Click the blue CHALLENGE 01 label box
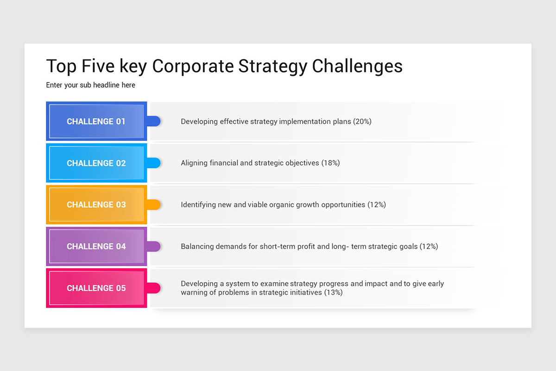coord(96,122)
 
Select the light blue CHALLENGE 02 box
coord(96,163)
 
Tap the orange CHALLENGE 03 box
coord(96,205)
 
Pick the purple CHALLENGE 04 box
coord(96,246)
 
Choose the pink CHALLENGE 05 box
coord(96,288)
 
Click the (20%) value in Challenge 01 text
coord(362,122)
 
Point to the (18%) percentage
coord(330,163)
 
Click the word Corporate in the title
coord(193,66)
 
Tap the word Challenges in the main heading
coord(357,66)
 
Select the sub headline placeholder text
coord(91,85)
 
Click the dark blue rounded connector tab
coord(154,122)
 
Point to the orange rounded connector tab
coord(154,205)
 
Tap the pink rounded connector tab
coord(154,288)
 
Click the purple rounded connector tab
coord(154,246)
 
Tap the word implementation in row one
coord(304,122)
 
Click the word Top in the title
coord(61,66)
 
